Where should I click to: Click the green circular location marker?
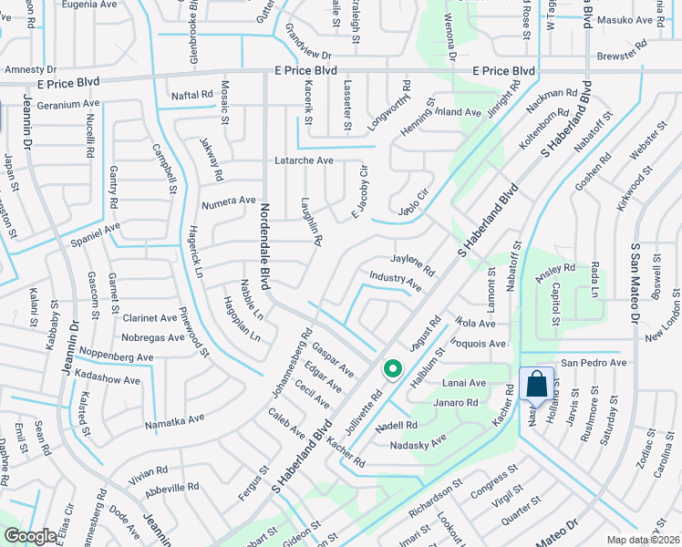point(393,368)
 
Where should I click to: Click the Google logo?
point(30,536)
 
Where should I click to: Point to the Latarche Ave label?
point(305,160)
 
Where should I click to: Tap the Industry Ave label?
point(396,279)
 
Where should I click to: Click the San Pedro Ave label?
point(594,363)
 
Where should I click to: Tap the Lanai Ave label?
point(464,384)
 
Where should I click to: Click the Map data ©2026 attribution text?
point(644,540)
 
